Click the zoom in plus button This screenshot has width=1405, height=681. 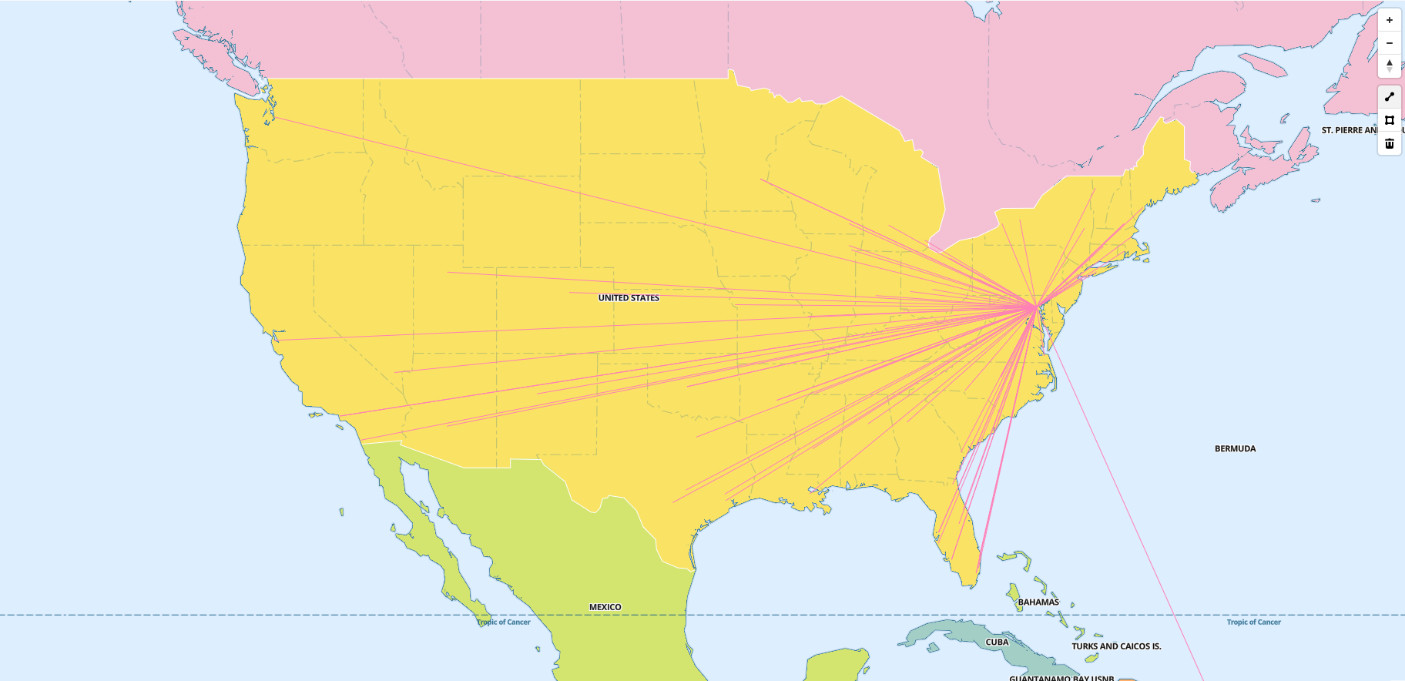(x=1390, y=20)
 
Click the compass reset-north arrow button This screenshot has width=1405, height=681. (x=1390, y=65)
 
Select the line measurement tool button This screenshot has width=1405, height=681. (x=1390, y=97)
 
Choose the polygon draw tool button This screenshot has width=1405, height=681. (x=1390, y=120)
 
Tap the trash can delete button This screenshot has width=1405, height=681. (x=1390, y=143)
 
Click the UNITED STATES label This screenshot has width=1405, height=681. (x=629, y=298)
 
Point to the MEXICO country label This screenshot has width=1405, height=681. (x=605, y=607)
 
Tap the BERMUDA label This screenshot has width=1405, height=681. (x=1235, y=448)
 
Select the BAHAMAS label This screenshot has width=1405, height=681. (x=1038, y=602)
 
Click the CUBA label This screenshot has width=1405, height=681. (x=997, y=642)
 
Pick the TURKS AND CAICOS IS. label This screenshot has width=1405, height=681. (x=1116, y=646)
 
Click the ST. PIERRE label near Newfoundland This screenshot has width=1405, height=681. (x=1349, y=130)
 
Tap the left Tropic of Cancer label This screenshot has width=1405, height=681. (x=503, y=622)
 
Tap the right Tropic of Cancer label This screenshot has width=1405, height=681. (x=1253, y=622)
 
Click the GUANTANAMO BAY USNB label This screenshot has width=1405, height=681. (x=1061, y=677)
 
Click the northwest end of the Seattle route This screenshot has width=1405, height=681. (x=275, y=118)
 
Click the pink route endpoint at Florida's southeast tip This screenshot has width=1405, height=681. (x=978, y=570)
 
